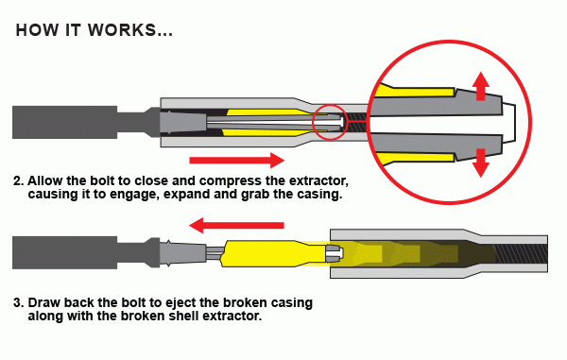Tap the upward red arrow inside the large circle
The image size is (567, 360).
point(481,86)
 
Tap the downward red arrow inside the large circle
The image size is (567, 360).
point(481,163)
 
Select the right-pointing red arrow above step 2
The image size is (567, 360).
point(237,160)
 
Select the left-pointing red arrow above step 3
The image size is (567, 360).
point(236,226)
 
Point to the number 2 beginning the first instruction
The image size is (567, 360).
point(17,180)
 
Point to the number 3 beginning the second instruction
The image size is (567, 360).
point(17,302)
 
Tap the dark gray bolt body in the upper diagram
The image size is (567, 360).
point(64,122)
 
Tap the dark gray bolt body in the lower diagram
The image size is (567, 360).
point(64,252)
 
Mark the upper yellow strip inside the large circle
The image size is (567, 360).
point(415,92)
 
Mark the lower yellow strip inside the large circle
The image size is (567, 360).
point(415,157)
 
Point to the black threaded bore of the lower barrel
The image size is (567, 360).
point(521,254)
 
